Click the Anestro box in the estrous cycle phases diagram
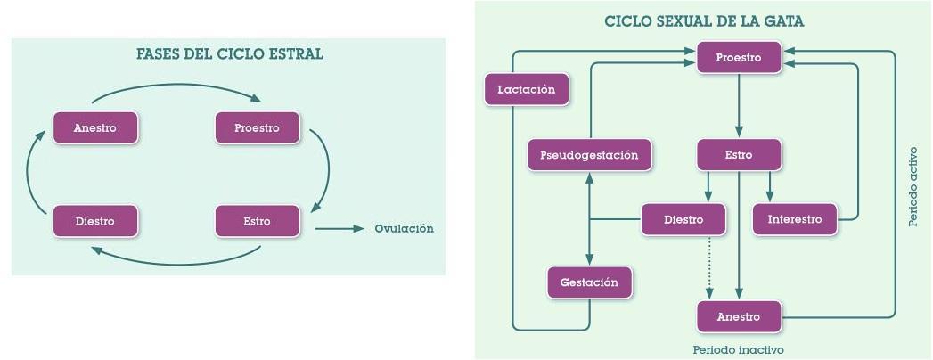pos(95,127)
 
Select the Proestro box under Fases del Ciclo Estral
pos(257,127)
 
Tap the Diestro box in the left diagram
pos(95,221)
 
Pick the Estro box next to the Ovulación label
pos(257,221)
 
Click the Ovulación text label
pos(404,229)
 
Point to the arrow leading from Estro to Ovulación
pos(339,229)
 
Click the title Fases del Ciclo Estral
pos(229,54)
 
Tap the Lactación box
pos(526,89)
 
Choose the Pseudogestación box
pos(589,155)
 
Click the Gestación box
pos(589,282)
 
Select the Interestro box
pos(795,219)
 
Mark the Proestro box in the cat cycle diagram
pos(739,58)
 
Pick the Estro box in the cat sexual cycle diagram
pos(739,155)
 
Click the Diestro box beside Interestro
pos(683,219)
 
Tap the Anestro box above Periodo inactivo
pos(739,317)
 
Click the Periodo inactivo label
pos(739,350)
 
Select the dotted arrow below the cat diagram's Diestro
pos(709,266)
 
